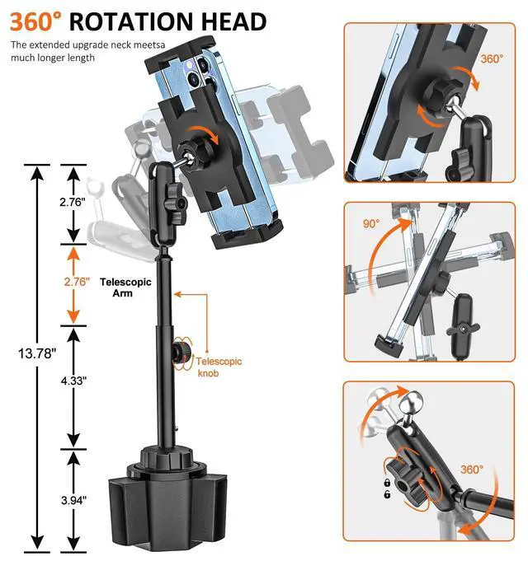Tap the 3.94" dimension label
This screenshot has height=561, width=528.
pyautogui.click(x=73, y=499)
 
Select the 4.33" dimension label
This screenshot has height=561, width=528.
pyautogui.click(x=73, y=381)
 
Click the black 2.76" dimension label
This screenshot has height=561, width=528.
pyautogui.click(x=74, y=202)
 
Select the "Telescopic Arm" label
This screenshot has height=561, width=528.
pyautogui.click(x=125, y=287)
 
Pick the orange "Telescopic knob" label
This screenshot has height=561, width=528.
pyautogui.click(x=219, y=367)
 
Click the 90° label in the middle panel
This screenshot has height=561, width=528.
pyautogui.click(x=370, y=224)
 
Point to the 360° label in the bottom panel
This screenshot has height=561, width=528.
pyautogui.click(x=471, y=470)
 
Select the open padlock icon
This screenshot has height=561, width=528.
pyautogui.click(x=386, y=494)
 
